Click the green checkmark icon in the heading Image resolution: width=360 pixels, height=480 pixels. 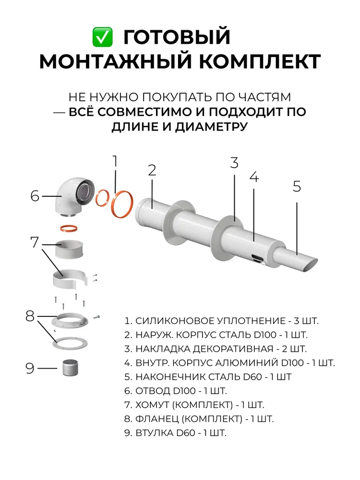click(x=102, y=36)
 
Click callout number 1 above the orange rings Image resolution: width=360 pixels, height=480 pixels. click(x=115, y=162)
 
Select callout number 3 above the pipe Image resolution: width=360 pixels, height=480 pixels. click(x=234, y=163)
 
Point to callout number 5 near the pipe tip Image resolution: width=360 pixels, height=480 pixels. click(x=297, y=186)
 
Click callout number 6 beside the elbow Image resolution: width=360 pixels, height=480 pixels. click(x=35, y=196)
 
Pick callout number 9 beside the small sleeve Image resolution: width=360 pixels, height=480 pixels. click(x=30, y=368)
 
